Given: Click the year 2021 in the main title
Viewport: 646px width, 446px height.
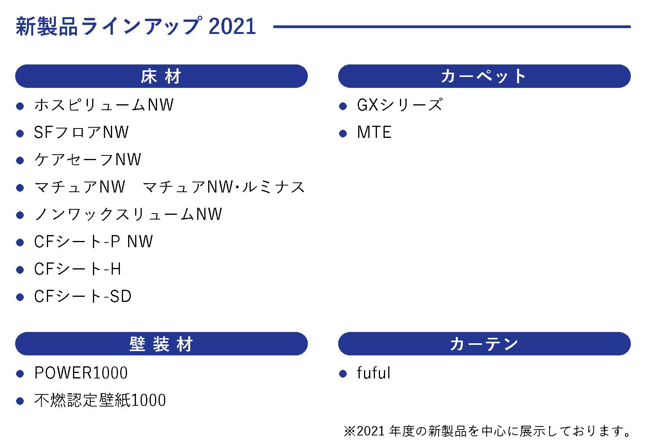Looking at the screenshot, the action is coord(232,27).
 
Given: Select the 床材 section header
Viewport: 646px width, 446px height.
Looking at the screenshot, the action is coord(161,76).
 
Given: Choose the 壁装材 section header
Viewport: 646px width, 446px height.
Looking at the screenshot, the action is coord(161,344).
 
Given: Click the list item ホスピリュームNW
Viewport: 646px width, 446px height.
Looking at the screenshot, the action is coord(104,105).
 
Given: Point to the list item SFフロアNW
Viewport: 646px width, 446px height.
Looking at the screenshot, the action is coord(81,132).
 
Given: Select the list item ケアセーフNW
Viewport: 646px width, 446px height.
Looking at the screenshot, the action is coord(87,159).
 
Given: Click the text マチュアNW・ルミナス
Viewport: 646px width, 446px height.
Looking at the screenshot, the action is coord(224,187).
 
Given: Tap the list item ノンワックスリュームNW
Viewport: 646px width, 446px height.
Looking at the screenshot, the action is coord(128,214).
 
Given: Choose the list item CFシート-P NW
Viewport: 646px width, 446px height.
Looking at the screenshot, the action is coord(93,242).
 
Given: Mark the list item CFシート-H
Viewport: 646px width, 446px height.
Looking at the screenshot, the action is coord(78,269).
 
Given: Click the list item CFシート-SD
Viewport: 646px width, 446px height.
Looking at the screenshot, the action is coord(83,296).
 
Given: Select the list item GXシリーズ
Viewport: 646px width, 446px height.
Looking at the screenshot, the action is coord(400,105).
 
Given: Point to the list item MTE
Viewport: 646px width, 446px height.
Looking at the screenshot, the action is coord(374,132).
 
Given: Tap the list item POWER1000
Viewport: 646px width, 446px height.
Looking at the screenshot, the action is coord(81,373).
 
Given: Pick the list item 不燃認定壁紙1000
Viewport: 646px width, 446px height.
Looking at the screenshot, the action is coord(100,400).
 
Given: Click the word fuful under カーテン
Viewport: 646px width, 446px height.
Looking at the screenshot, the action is coord(373,373).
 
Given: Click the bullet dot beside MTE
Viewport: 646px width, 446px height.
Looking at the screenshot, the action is coord(343,134).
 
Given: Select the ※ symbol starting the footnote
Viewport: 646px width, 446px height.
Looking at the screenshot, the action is coord(349,431).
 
